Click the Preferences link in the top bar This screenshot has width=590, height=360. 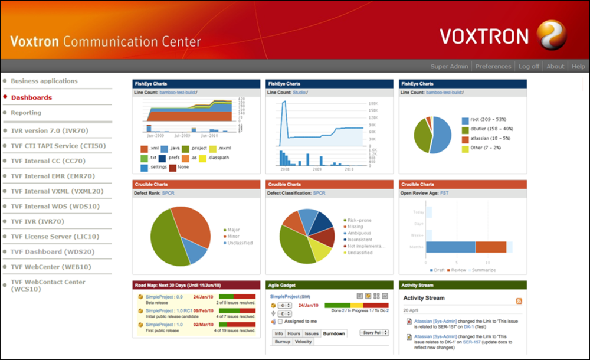[x=493, y=67]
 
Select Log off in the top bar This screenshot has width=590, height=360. [x=529, y=67]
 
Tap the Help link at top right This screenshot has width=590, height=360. [x=578, y=67]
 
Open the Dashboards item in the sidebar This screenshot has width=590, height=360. [x=31, y=97]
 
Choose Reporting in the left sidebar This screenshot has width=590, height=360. [x=26, y=113]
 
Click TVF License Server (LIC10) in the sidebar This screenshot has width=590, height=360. [x=55, y=237]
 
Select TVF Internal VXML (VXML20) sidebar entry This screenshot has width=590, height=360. [x=57, y=191]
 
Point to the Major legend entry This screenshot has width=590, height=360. [x=234, y=230]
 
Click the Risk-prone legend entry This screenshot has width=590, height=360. [x=359, y=220]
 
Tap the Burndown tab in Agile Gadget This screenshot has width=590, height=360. [x=334, y=334]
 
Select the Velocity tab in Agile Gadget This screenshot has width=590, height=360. [x=303, y=342]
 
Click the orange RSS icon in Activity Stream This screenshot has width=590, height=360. [x=519, y=301]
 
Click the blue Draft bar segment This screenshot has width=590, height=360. [x=450, y=247]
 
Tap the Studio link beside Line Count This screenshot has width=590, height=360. [x=300, y=93]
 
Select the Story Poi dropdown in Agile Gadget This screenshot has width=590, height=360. [x=375, y=333]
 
